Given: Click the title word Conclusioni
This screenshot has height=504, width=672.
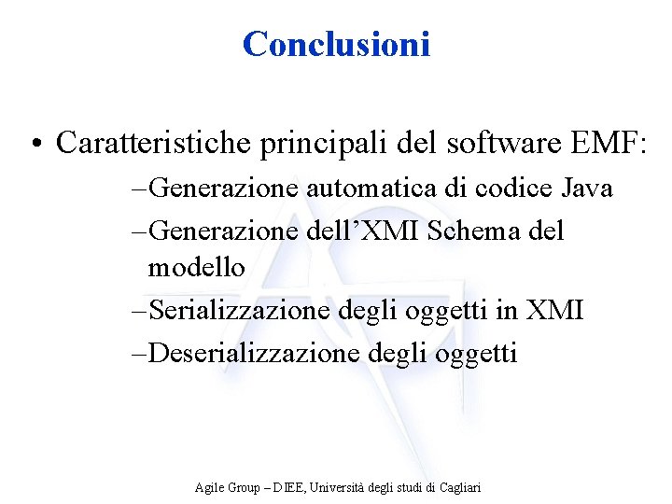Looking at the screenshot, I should [x=336, y=43].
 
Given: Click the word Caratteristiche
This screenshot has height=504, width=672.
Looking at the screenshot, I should [x=152, y=143].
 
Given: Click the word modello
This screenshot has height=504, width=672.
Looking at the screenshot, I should [x=196, y=268].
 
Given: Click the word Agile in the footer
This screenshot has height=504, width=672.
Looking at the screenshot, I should [x=209, y=487].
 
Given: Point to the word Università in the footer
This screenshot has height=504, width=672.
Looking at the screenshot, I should [x=340, y=487].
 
